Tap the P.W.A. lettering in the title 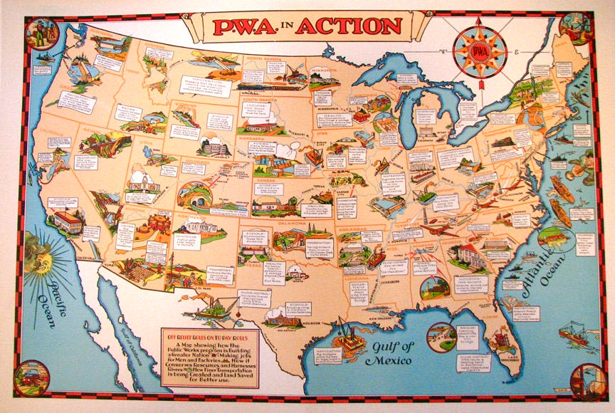pyautogui.click(x=245, y=26)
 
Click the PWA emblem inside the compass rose pyautogui.click(x=479, y=50)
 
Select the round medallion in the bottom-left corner pyautogui.click(x=31, y=378)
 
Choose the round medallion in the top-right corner pyautogui.click(x=575, y=28)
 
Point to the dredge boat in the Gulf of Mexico pyautogui.click(x=349, y=335)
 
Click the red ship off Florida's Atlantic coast pyautogui.click(x=574, y=334)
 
